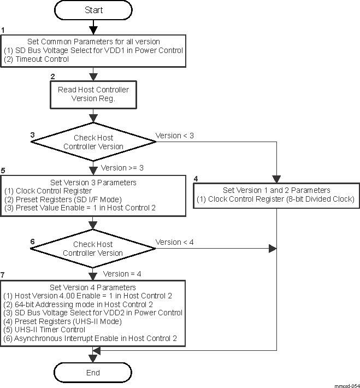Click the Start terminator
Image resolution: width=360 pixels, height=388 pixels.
[93, 10]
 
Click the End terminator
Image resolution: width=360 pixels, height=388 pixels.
[93, 373]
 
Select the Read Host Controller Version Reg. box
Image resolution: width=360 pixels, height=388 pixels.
[93, 94]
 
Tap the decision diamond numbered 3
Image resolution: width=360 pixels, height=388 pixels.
[93, 142]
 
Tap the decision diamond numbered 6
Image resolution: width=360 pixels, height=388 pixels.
[93, 249]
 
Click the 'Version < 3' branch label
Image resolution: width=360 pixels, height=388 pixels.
[175, 136]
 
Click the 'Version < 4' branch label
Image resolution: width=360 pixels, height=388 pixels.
[175, 242]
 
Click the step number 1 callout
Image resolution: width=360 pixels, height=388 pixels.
[3, 30]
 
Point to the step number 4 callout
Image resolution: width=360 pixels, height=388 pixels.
[197, 178]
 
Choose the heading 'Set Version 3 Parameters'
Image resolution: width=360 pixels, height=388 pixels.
[93, 183]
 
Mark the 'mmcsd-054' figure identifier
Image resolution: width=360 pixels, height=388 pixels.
[347, 385]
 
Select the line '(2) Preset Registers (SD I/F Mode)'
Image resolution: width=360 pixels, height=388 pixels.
[62, 199]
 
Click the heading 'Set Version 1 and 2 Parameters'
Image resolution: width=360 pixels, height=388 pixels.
[276, 190]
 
